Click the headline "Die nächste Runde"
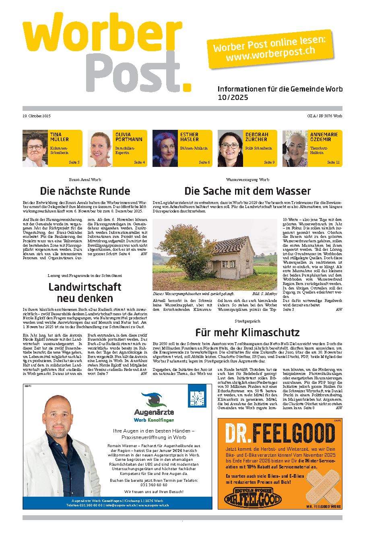point(85,191)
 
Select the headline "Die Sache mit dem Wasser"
point(247,191)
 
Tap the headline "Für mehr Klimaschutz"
point(247,333)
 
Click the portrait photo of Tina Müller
point(35,148)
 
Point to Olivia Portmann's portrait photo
point(99,148)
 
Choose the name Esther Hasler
point(189,137)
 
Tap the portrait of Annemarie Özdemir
point(295,148)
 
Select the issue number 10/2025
point(233,98)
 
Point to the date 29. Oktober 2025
point(37,116)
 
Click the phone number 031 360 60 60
point(154,485)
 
